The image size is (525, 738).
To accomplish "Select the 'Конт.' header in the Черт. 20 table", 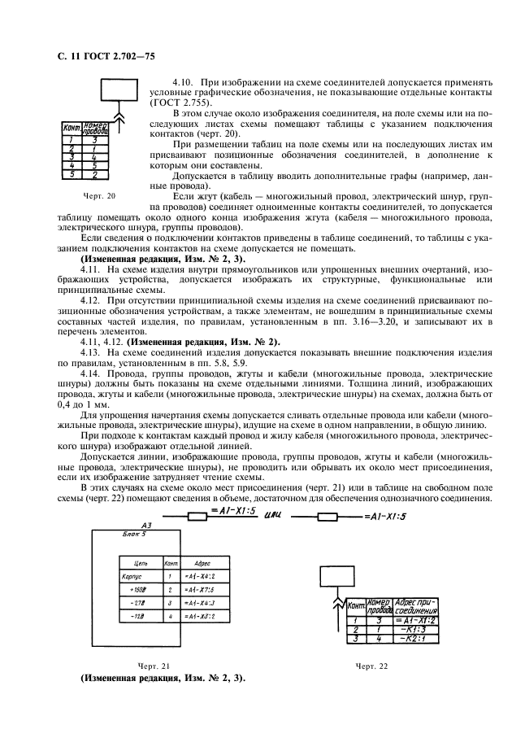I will pyautogui.click(x=72, y=129).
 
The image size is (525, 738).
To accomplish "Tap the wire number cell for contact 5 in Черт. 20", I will pyautogui.click(x=94, y=174).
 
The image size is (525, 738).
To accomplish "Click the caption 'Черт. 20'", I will pyautogui.click(x=99, y=196).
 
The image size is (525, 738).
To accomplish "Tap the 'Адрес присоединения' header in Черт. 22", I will pyautogui.click(x=415, y=606).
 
